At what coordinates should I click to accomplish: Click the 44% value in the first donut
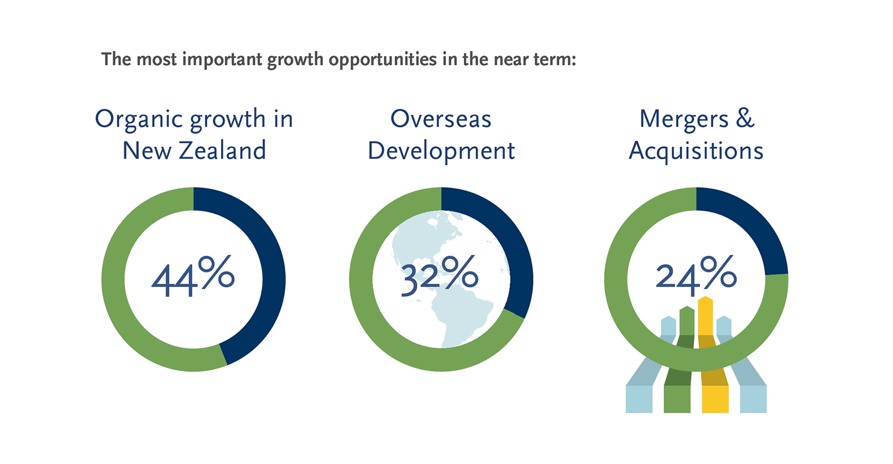coord(193,276)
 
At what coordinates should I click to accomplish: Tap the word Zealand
coord(223,150)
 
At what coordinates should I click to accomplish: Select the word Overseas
coord(441,119)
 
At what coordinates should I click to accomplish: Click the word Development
coord(441,152)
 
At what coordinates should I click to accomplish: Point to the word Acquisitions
coord(696,152)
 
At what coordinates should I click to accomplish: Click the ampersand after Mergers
coord(745,119)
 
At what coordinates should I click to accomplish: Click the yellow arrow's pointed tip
coord(706,297)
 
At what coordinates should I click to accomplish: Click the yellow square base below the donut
coord(715,399)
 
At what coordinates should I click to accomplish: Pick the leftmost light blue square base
coord(639,399)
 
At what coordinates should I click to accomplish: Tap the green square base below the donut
coord(677,399)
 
